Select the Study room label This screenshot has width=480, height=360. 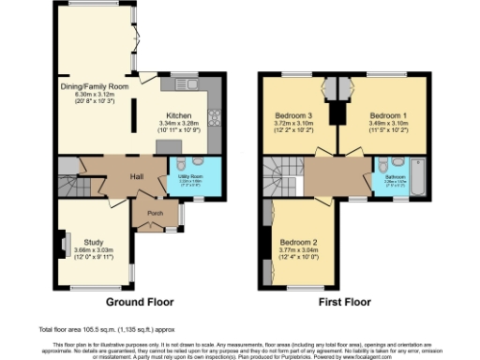93,242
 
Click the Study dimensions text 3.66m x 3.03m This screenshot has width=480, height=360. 93,250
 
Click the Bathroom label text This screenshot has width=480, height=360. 393,175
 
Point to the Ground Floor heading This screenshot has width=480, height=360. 138,302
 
